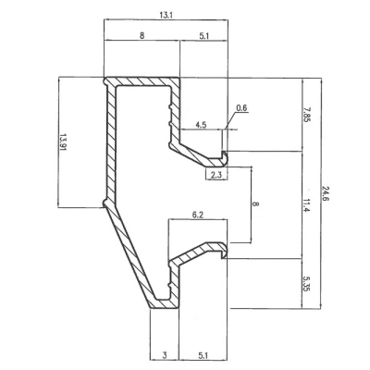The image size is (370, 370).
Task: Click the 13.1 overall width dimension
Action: pos(166,15)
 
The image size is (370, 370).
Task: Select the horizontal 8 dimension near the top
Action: pos(142,35)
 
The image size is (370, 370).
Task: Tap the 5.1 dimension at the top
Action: pos(203,36)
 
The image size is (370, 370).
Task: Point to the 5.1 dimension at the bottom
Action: pos(203,355)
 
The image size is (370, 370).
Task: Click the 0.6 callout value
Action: pos(241,107)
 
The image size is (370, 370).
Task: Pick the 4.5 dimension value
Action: pos(201,125)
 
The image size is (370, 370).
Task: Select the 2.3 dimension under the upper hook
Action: pos(216,175)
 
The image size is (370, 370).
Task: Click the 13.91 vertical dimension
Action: pos(63,142)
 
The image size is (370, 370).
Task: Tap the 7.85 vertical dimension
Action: pos(307,115)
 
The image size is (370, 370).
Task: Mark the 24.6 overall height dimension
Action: pos(326,193)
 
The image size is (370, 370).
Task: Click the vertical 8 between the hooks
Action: pos(256,204)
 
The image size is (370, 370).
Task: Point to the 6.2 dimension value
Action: pos(198,215)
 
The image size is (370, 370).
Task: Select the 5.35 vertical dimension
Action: pos(306,284)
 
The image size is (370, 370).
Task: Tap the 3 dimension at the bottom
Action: pos(165,355)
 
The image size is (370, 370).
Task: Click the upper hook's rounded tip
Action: pos(227,156)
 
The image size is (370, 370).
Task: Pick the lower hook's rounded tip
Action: pos(226,251)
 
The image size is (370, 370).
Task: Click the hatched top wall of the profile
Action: pos(142,81)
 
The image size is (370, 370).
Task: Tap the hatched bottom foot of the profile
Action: pos(164,303)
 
